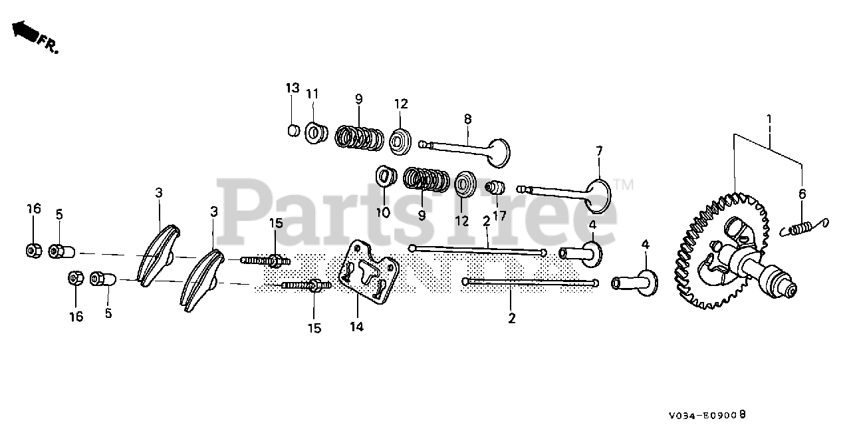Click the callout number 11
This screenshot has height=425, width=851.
pyautogui.click(x=313, y=94)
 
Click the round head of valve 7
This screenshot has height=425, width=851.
pyautogui.click(x=599, y=196)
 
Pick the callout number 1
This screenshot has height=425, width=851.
pyautogui.click(x=769, y=120)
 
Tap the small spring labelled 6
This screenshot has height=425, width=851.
pyautogui.click(x=804, y=227)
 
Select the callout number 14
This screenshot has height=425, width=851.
pyautogui.click(x=358, y=327)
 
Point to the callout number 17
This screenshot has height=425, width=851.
pyautogui.click(x=499, y=215)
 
